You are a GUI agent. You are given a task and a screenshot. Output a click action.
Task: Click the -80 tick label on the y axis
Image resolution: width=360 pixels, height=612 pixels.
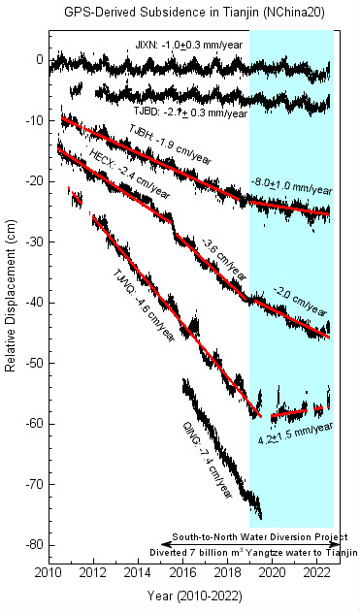pyautogui.click(x=31, y=545)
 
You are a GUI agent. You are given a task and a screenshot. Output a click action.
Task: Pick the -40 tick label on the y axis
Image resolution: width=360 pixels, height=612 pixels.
pyautogui.click(x=31, y=303)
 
